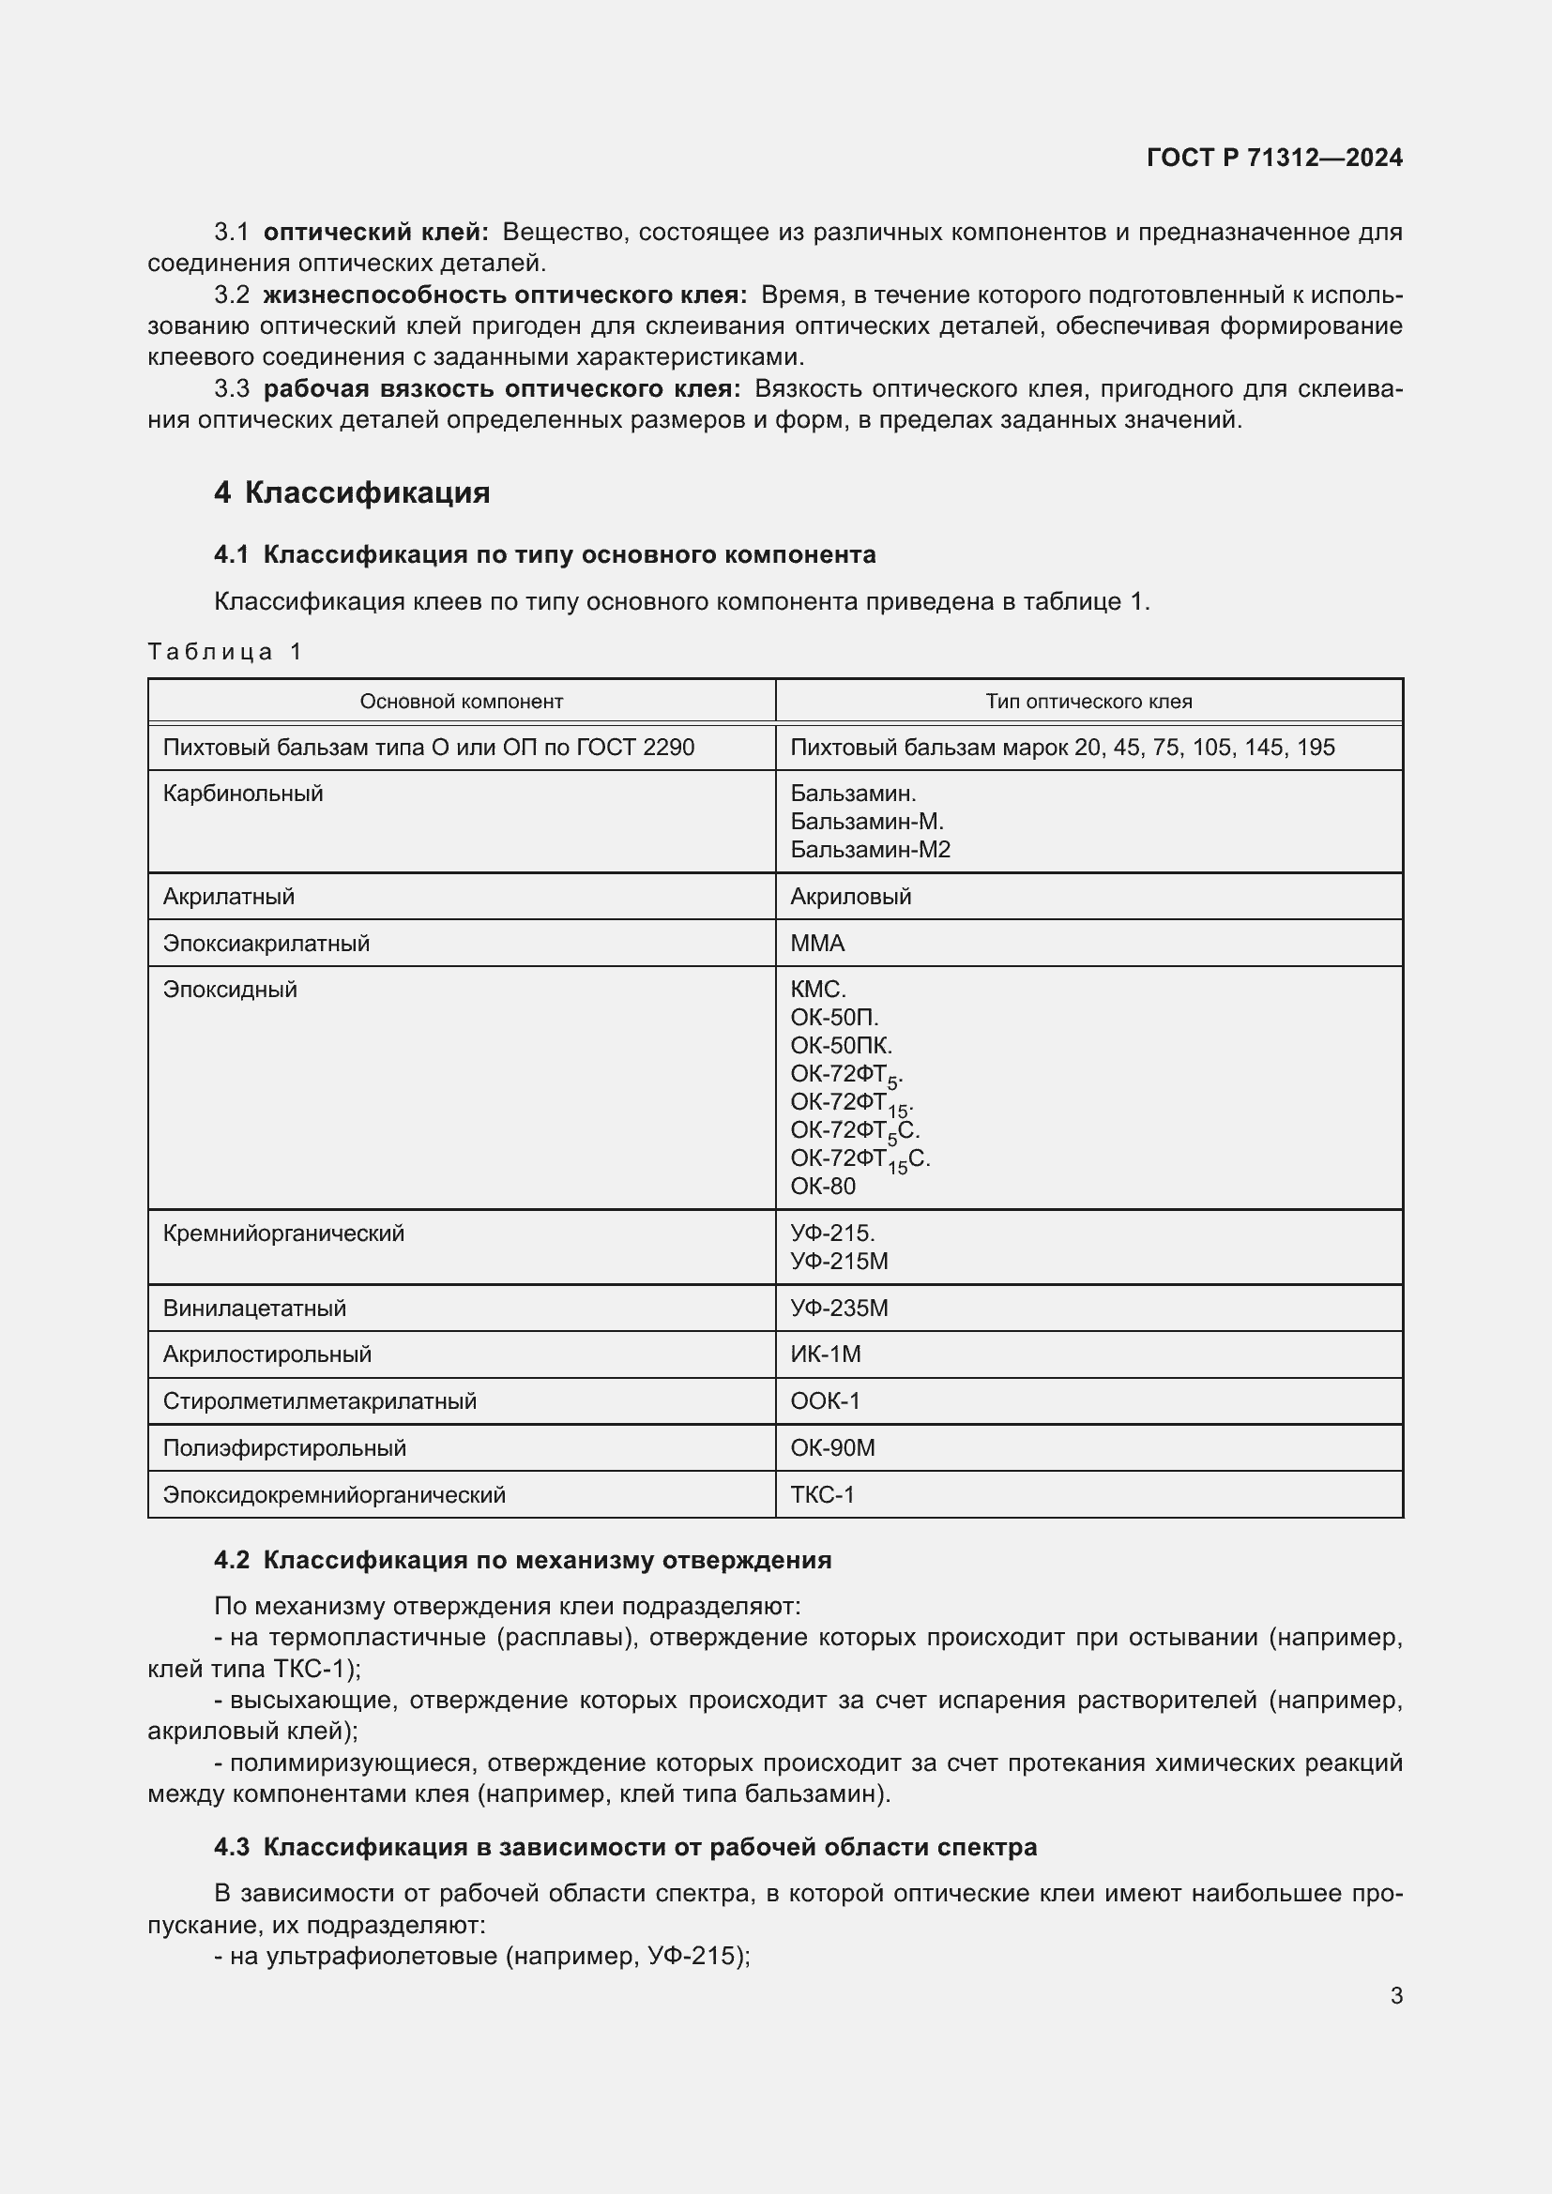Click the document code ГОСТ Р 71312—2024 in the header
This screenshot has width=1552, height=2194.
click(x=1274, y=158)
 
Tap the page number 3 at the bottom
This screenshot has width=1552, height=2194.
click(x=1396, y=1995)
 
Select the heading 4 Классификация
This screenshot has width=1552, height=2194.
click(x=352, y=493)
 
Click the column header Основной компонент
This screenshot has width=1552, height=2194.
click(x=461, y=702)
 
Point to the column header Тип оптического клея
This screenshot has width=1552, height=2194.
click(x=1088, y=702)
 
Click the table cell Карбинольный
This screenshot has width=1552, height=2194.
click(x=243, y=794)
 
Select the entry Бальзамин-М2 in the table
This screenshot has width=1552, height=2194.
click(x=870, y=850)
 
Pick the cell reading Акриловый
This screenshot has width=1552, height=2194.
click(x=850, y=898)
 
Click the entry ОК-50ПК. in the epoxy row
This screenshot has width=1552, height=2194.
click(x=841, y=1045)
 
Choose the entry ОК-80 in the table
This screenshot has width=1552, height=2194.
click(x=823, y=1187)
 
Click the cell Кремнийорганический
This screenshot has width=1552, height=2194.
click(x=282, y=1233)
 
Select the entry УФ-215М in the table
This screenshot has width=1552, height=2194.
click(x=839, y=1262)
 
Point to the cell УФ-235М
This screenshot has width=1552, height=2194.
click(x=839, y=1309)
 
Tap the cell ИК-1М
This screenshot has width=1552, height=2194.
click(x=826, y=1355)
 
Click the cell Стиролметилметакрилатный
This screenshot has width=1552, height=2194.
click(x=319, y=1401)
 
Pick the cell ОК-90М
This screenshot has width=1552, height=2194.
click(x=832, y=1448)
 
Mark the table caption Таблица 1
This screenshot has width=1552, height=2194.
click(x=224, y=652)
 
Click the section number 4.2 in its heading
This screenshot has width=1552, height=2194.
click(x=231, y=1561)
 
